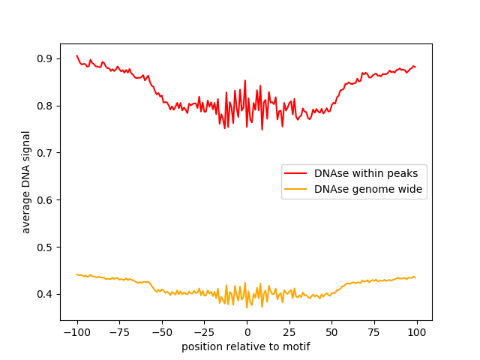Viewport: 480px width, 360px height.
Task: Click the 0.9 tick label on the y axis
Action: [45, 58]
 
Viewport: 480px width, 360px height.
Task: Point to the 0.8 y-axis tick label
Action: [45, 106]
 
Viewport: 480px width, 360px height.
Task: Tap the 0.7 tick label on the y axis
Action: [45, 153]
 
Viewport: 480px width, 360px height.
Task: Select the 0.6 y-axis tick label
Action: [45, 200]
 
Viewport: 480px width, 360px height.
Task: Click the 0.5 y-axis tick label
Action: [45, 247]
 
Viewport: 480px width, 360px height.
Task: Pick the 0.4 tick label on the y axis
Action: [45, 294]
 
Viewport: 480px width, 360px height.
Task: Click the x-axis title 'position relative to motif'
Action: [246, 346]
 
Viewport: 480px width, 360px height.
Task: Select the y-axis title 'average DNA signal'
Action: [26, 181]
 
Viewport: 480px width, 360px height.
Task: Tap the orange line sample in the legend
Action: [298, 190]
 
